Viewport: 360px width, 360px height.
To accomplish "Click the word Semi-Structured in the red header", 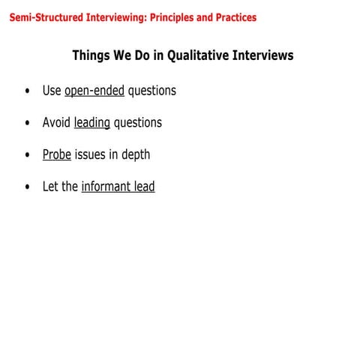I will pyautogui.click(x=41, y=16).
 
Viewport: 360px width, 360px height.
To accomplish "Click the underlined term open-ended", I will pyautogui.click(x=94, y=91).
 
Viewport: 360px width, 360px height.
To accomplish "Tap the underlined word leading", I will pyautogui.click(x=92, y=122).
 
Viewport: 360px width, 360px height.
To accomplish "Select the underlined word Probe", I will pyautogui.click(x=56, y=154).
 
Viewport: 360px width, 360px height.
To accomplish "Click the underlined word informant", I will pyautogui.click(x=106, y=187).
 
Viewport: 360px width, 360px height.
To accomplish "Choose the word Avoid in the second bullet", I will pyautogui.click(x=56, y=122).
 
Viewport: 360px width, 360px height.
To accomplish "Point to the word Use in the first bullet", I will pyautogui.click(x=52, y=91).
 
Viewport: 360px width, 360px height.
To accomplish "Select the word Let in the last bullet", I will pyautogui.click(x=51, y=187).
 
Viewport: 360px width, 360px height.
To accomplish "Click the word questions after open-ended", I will pyautogui.click(x=151, y=91).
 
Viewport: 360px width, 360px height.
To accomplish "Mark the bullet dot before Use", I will pyautogui.click(x=28, y=91).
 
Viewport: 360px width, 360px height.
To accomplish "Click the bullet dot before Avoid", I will pyautogui.click(x=28, y=123).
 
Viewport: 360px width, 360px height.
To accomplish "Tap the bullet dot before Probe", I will pyautogui.click(x=28, y=155).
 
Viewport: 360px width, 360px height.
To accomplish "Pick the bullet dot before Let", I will pyautogui.click(x=28, y=187).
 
